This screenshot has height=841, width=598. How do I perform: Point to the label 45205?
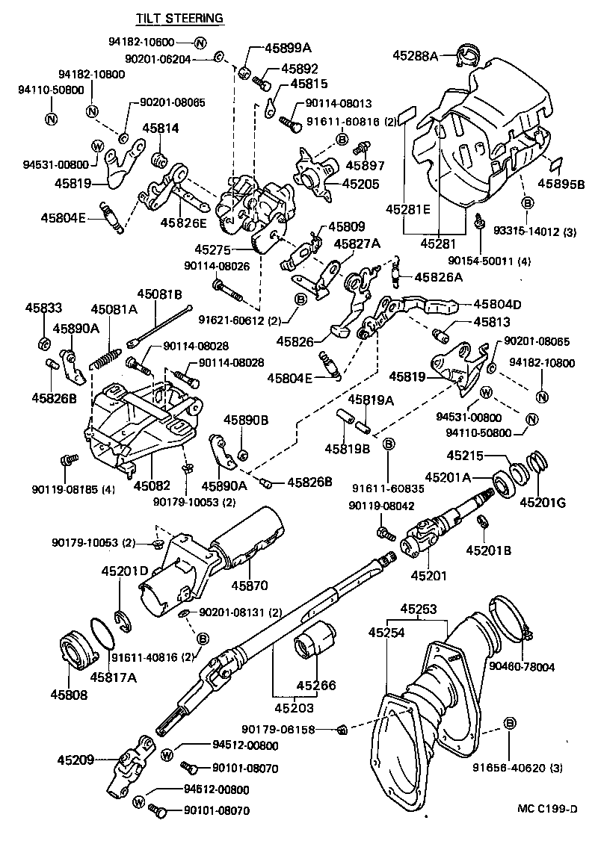(x=360, y=184)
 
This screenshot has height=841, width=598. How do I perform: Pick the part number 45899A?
(x=287, y=48)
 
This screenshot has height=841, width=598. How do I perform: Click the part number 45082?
(x=152, y=485)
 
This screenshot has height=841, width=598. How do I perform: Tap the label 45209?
(x=76, y=760)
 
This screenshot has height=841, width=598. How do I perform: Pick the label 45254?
(x=386, y=633)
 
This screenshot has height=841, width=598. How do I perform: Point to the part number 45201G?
(x=543, y=502)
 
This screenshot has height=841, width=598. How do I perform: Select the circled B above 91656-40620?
(x=511, y=723)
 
